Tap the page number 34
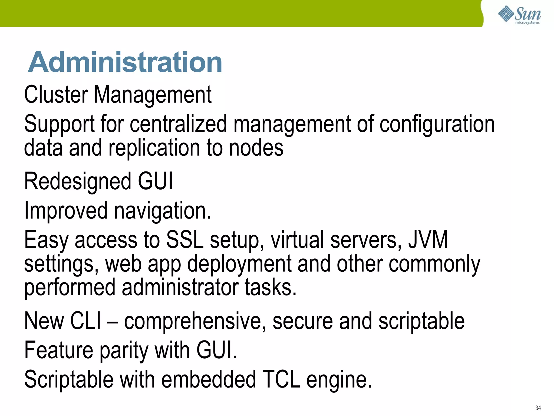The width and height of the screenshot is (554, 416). (538, 408)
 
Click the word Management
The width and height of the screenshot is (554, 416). (153, 95)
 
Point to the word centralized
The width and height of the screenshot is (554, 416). (178, 124)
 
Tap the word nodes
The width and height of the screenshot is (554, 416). (256, 148)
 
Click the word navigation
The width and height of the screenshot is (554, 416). (162, 211)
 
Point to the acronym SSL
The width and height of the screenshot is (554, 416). (185, 239)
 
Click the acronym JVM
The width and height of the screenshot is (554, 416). (428, 239)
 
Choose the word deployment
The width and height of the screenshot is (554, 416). (239, 264)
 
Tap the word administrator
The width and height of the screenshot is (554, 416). (180, 287)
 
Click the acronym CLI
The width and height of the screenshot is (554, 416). (85, 321)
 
